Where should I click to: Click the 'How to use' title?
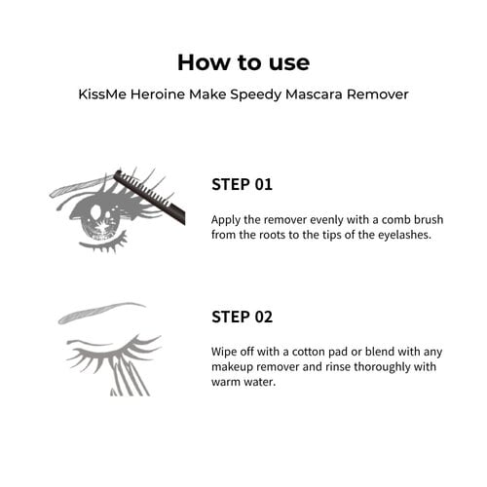pyautogui.click(x=243, y=62)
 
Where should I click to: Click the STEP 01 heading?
pyautogui.click(x=242, y=183)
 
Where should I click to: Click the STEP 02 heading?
pyautogui.click(x=242, y=317)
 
